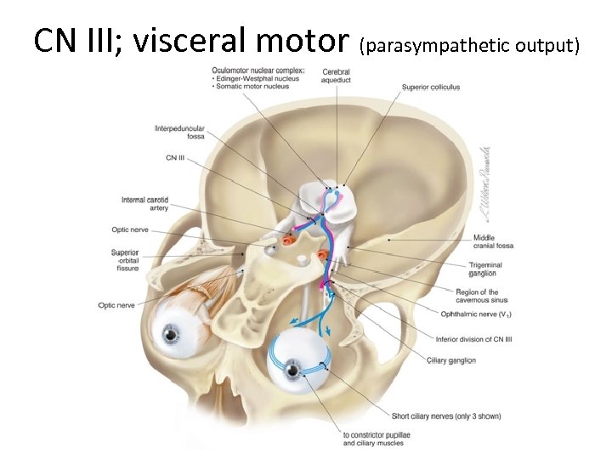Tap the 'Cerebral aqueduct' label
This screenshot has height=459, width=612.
[x=337, y=75]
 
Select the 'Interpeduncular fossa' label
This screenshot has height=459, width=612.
[x=179, y=133]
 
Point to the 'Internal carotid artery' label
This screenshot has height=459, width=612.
[x=145, y=203]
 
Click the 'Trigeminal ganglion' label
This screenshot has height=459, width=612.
[x=490, y=269]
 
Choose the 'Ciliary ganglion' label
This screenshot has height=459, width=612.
[x=450, y=360]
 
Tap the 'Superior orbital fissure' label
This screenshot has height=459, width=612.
[x=124, y=260]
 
